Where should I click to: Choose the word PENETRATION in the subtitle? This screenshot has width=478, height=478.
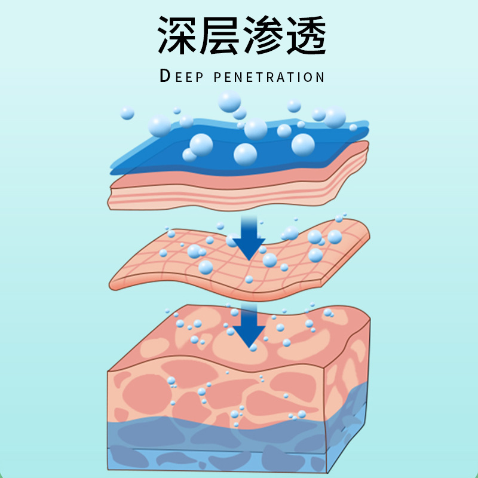tap(269, 77)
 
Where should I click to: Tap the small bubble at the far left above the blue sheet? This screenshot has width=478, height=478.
tap(127, 113)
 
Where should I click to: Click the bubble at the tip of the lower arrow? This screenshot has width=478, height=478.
tap(253, 347)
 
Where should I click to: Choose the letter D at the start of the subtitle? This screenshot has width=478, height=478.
tap(166, 76)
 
